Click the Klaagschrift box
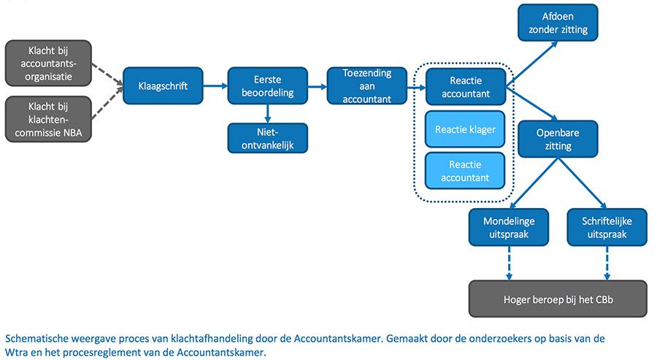pyautogui.click(x=163, y=87)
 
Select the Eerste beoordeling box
pyautogui.click(x=268, y=87)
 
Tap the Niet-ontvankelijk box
pyautogui.click(x=268, y=138)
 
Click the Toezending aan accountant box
pyautogui.click(x=367, y=86)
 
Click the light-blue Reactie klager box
pyautogui.click(x=465, y=130)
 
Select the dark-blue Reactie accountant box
pyautogui.click(x=465, y=87)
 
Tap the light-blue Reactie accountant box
pyautogui.click(x=465, y=172)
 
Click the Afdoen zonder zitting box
pyautogui.click(x=558, y=23)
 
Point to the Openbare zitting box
pyautogui.click(x=558, y=139)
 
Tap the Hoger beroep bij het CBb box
pyautogui.click(x=558, y=299)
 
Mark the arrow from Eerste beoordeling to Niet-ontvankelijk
pyautogui.click(x=268, y=113)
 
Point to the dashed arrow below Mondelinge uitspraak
pyautogui.click(x=510, y=262)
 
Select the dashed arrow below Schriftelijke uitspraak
pyautogui.click(x=607, y=262)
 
